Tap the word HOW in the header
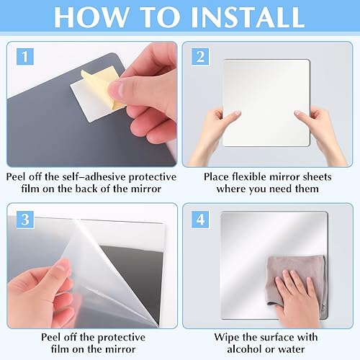(x=91, y=17)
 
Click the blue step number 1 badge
(x=25, y=56)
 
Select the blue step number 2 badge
(x=200, y=56)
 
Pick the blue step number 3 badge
(x=25, y=220)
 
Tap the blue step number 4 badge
(x=200, y=220)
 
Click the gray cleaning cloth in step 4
(x=295, y=279)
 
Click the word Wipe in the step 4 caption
(x=227, y=338)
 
